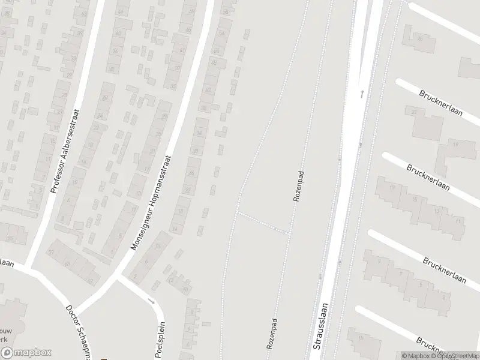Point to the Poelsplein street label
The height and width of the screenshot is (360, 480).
pyautogui.click(x=160, y=339)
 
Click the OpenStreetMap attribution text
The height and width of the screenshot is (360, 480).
pyautogui.click(x=457, y=356)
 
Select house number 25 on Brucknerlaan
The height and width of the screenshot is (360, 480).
pyautogui.click(x=419, y=38)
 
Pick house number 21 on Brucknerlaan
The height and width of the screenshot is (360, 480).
pyautogui.click(x=414, y=112)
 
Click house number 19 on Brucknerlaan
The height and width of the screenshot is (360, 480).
pyautogui.click(x=455, y=145)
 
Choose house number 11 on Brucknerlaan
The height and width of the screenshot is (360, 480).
pyautogui.click(x=458, y=221)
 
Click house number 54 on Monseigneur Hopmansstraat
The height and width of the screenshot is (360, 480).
pyautogui.click(x=223, y=32)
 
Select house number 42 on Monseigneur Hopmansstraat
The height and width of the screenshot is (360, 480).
pyautogui.click(x=209, y=89)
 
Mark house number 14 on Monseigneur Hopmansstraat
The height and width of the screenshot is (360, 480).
pyautogui.click(x=175, y=229)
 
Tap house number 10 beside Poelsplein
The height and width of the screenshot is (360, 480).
pyautogui.click(x=185, y=290)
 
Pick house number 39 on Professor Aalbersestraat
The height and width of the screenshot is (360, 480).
pyautogui.click(x=74, y=58)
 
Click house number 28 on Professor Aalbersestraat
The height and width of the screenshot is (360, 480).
pyautogui.click(x=105, y=98)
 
